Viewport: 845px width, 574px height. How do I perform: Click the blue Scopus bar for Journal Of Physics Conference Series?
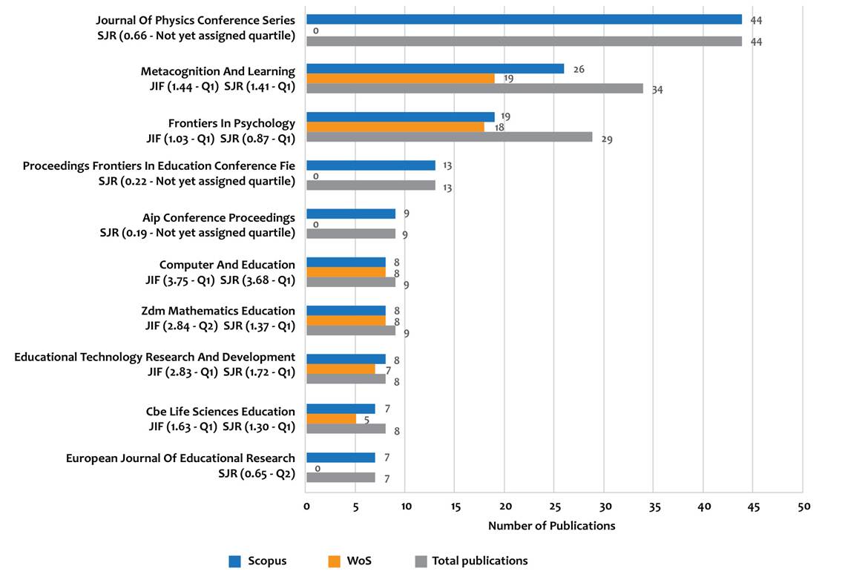pos(524,19)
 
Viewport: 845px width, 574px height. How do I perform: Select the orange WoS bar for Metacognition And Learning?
pos(401,79)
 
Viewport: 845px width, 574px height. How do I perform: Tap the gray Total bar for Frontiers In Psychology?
pos(450,137)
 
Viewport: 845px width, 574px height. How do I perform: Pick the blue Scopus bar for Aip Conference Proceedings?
pos(351,214)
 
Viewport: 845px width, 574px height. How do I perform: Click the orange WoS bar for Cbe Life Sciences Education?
pos(331,419)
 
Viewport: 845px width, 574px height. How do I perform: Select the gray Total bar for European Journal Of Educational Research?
pos(341,478)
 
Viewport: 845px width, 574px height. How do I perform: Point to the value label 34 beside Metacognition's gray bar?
pos(657,90)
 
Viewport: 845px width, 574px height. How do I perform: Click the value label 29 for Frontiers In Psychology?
pos(607,139)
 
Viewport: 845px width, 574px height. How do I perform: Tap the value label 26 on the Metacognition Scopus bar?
pos(579,69)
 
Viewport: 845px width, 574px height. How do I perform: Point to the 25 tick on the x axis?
pos(554,507)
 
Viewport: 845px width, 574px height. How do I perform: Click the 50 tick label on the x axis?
pos(803,507)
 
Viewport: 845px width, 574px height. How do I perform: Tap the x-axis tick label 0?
pos(306,507)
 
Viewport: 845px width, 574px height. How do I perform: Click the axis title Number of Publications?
pos(551,526)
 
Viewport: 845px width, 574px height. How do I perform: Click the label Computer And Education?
pos(227,265)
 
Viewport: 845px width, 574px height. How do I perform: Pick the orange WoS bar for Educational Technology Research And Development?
pos(341,369)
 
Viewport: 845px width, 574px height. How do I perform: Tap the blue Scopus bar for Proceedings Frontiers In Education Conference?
pos(371,165)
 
